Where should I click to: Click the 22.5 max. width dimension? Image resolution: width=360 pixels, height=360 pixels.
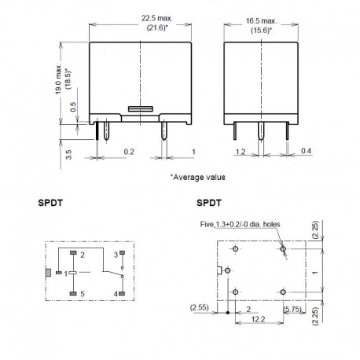139,19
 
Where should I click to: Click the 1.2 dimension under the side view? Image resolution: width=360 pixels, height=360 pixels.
242,149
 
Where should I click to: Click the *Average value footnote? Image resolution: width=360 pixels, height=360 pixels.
198,178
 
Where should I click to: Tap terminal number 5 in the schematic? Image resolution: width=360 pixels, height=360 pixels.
81,294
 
